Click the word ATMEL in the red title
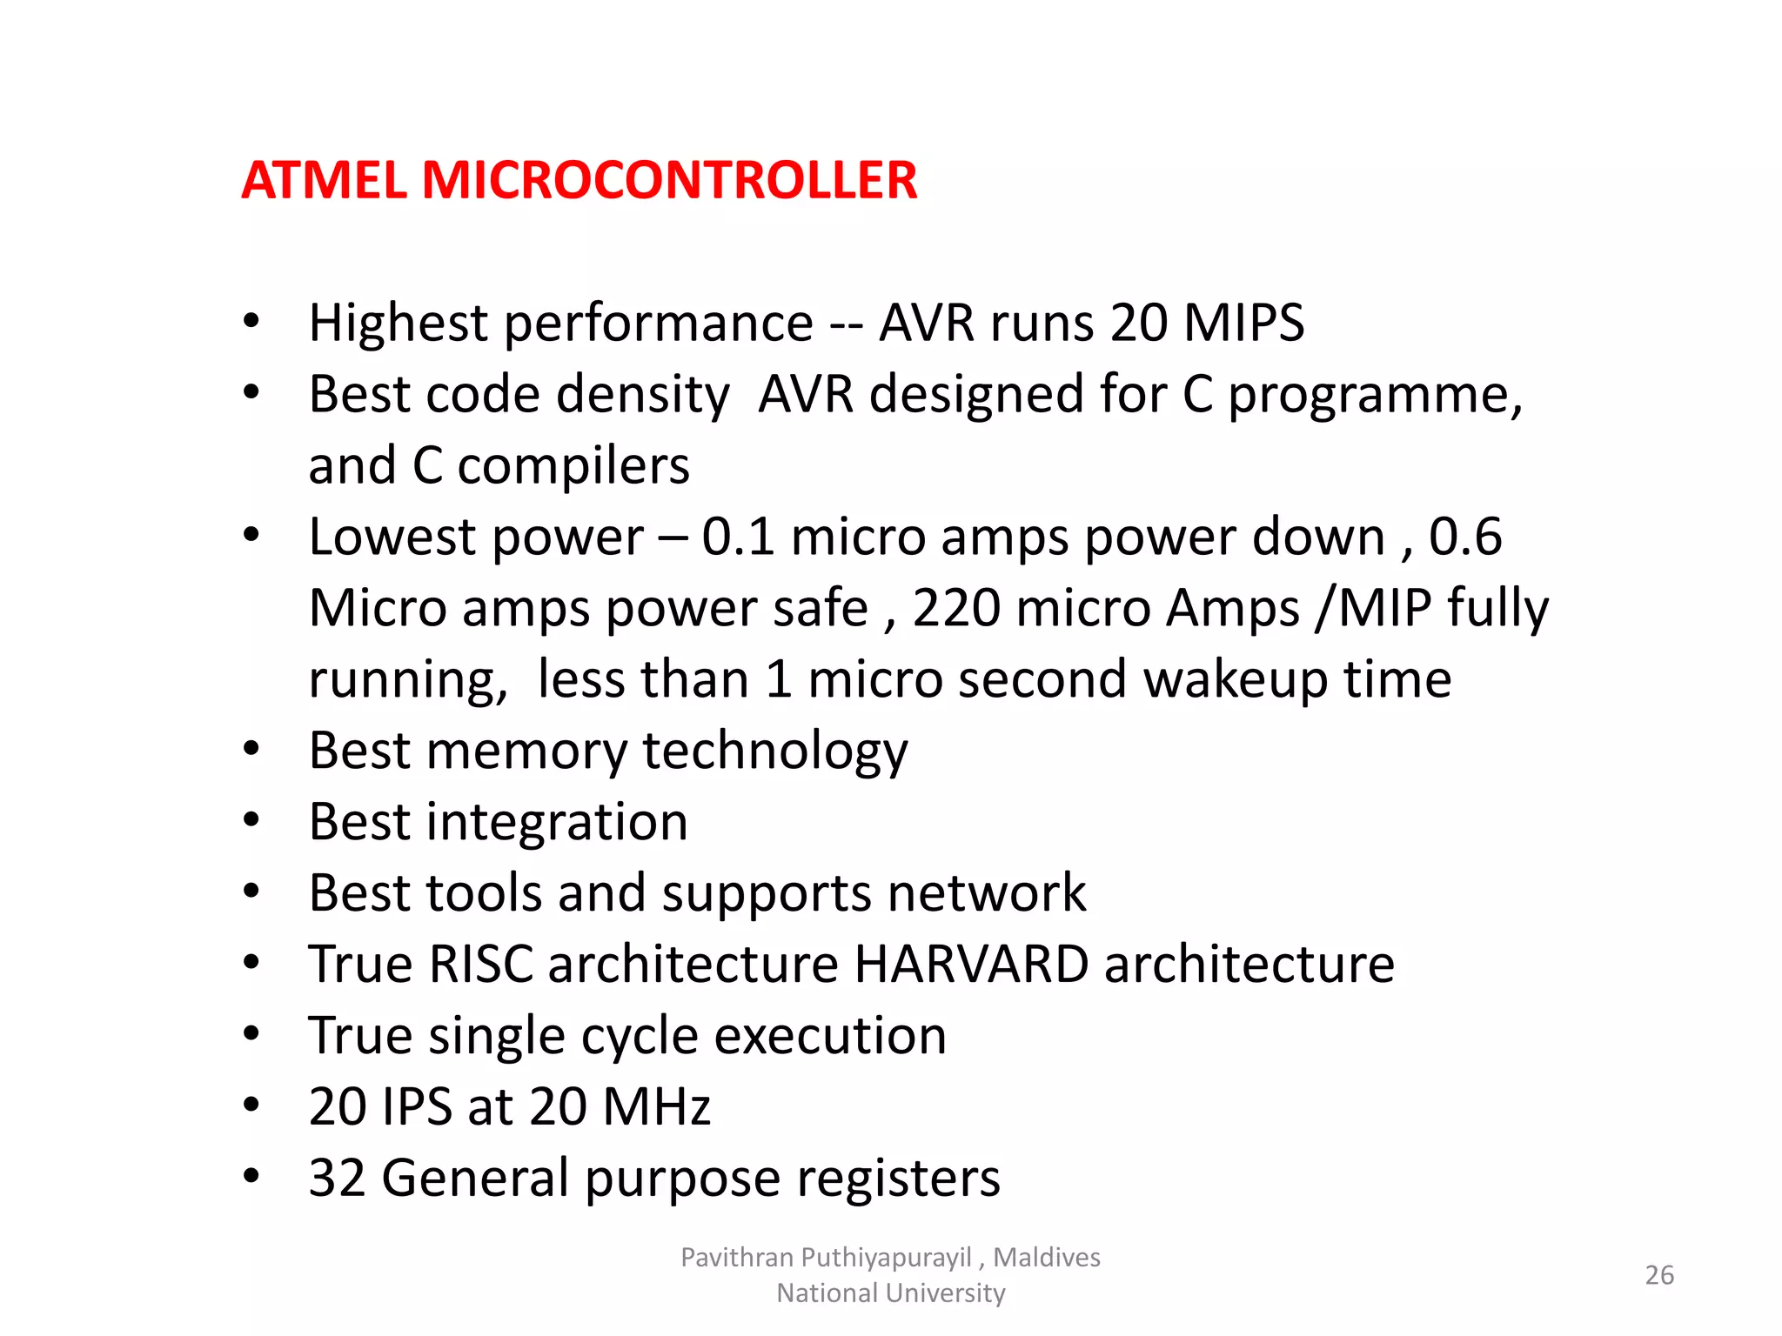324,181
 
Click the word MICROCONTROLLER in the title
669,181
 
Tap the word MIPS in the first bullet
1243,324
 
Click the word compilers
573,466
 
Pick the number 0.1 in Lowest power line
738,537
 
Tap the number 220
956,608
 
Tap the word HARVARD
971,965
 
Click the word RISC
480,965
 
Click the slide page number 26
1659,1275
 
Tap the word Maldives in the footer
1047,1258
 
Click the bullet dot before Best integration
251,820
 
